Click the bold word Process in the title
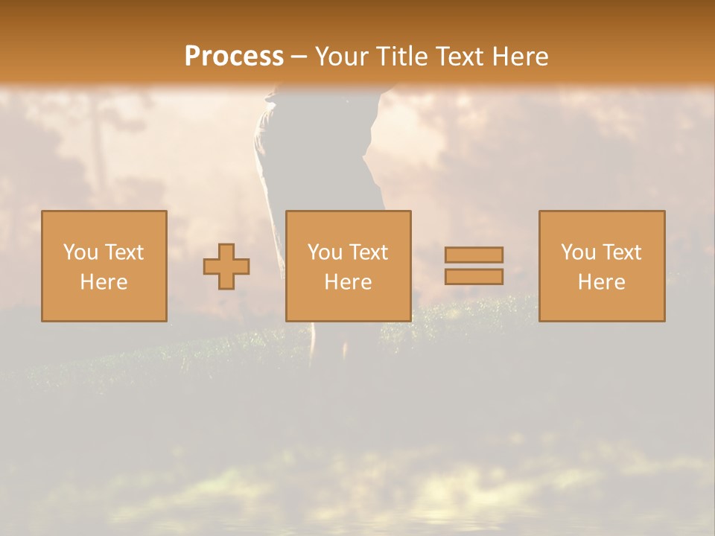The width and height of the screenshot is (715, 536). click(x=234, y=57)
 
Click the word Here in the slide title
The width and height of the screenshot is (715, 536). click(x=522, y=57)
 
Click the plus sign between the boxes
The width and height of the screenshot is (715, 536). click(x=226, y=267)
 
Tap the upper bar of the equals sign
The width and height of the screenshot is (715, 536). click(x=474, y=255)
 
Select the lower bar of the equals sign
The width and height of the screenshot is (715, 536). click(x=474, y=277)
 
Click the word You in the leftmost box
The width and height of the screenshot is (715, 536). click(x=80, y=252)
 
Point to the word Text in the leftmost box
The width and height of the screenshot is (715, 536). click(x=123, y=252)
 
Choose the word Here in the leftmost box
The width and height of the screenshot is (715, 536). click(x=104, y=282)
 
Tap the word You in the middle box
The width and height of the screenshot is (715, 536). click(x=325, y=252)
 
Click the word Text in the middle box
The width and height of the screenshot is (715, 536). click(x=368, y=252)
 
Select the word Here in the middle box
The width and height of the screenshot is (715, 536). click(x=348, y=282)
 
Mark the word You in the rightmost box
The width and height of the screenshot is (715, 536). click(x=578, y=252)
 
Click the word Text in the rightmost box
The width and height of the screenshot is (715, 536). click(x=621, y=252)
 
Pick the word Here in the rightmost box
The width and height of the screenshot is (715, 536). click(x=601, y=282)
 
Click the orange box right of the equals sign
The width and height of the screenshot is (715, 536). click(x=601, y=305)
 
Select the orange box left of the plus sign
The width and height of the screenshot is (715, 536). click(x=104, y=305)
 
